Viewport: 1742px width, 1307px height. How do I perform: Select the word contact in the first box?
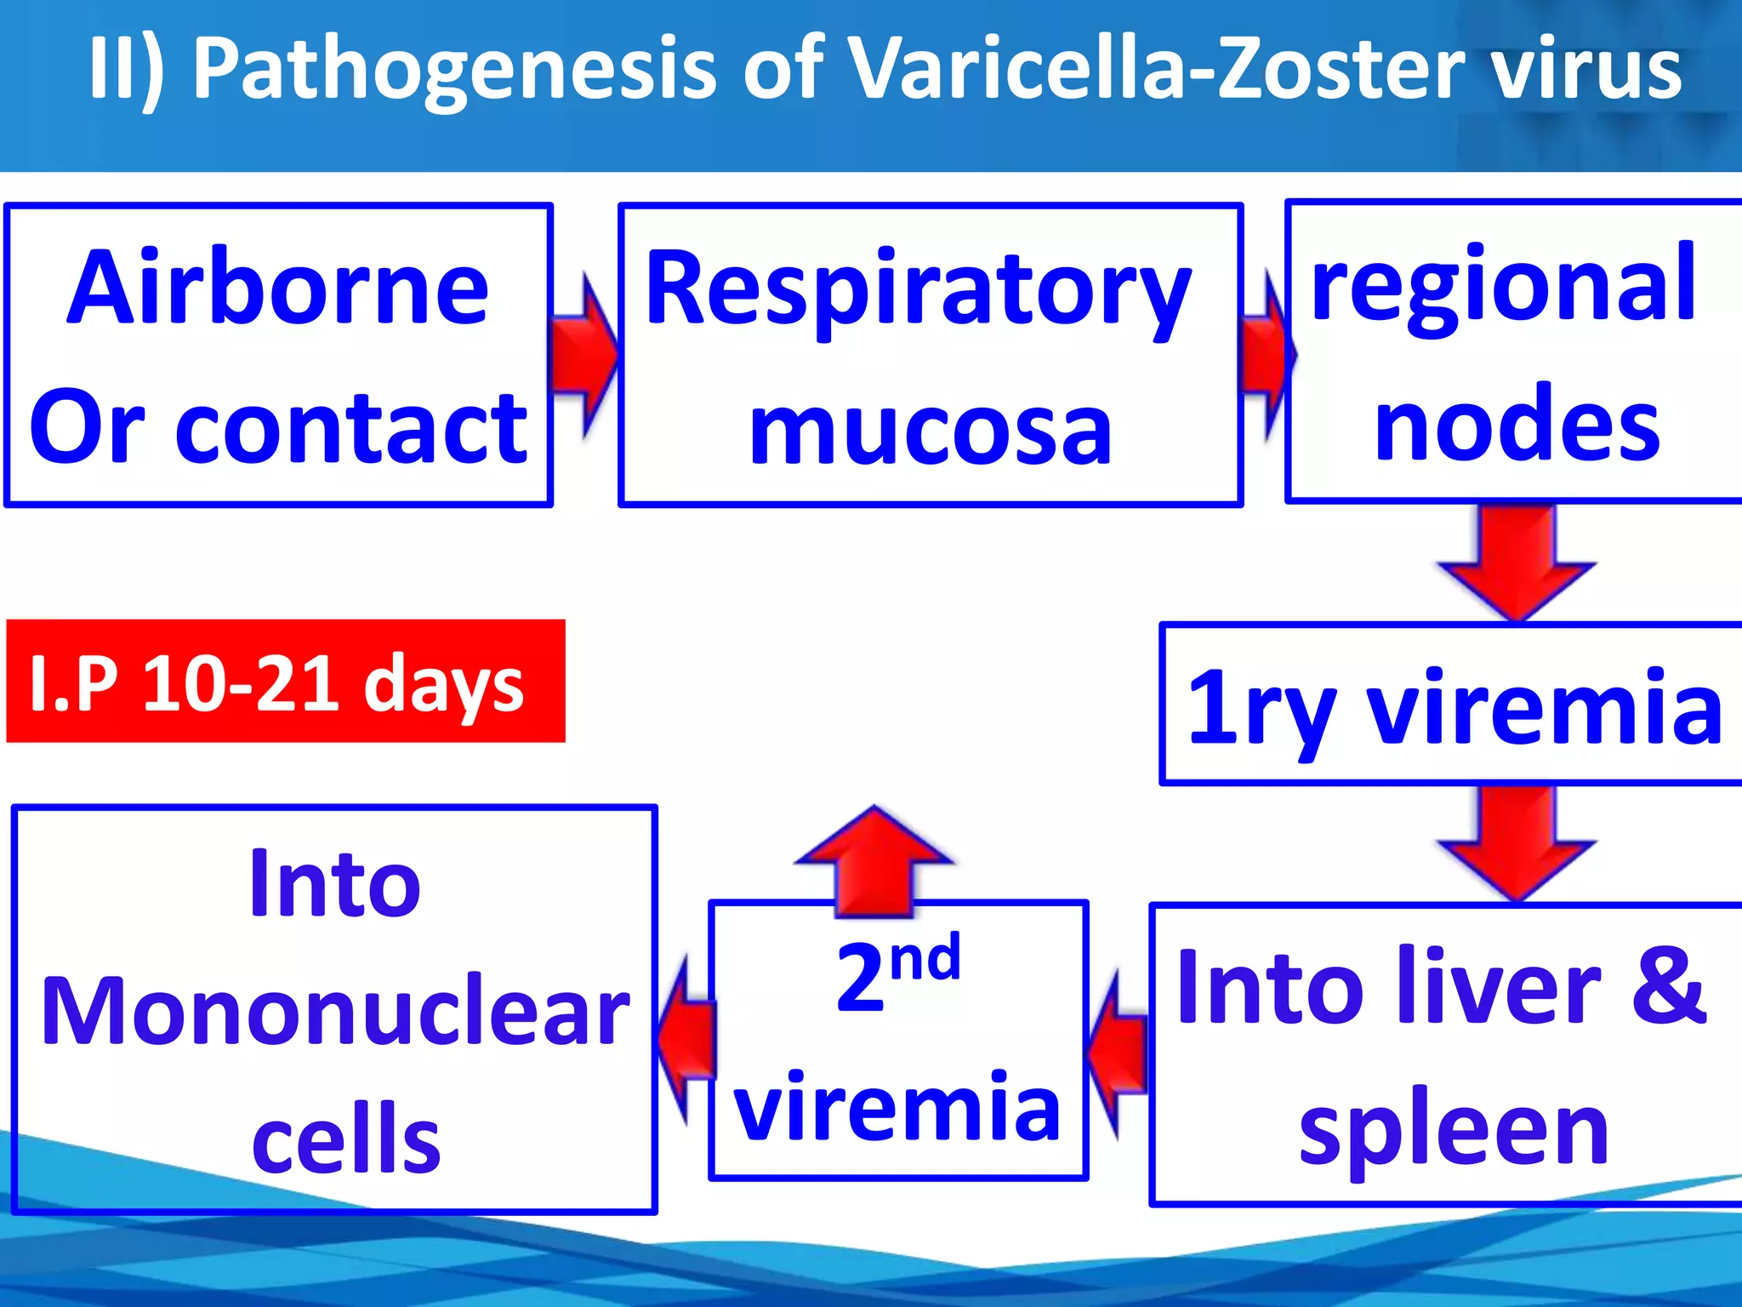tap(350, 430)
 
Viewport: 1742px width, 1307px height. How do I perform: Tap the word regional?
tap(1504, 284)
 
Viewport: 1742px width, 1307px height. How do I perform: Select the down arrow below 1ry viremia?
tap(1517, 842)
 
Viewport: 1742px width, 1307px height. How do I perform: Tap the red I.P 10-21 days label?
tap(285, 682)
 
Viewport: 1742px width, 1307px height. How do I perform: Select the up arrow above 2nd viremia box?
tap(874, 859)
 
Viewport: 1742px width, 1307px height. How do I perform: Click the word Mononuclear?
tap(335, 1011)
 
